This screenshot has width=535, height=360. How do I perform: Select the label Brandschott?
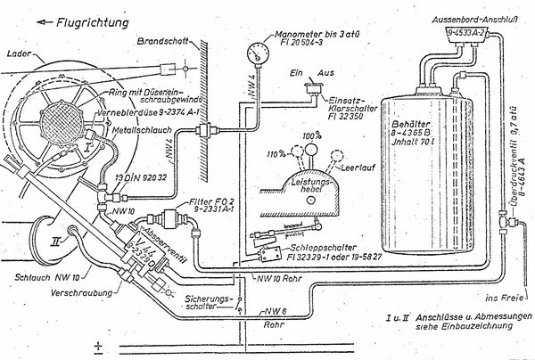pyautogui.click(x=162, y=42)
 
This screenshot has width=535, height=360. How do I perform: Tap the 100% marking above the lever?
pyautogui.click(x=311, y=135)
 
